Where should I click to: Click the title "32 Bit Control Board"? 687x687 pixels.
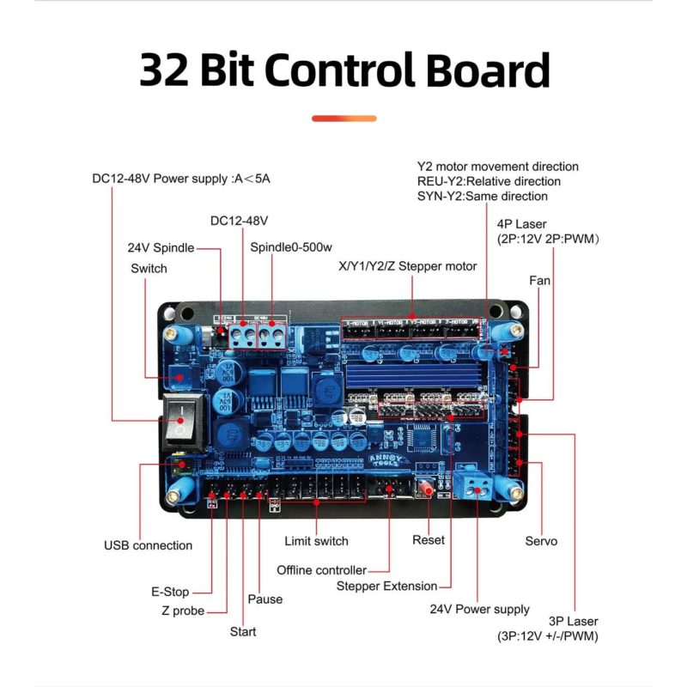tap(343, 70)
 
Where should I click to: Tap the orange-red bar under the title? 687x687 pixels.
tap(343, 118)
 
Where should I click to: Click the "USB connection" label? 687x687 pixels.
tap(149, 545)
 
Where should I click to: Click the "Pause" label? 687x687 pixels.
tap(264, 599)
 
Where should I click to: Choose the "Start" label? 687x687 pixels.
tap(243, 632)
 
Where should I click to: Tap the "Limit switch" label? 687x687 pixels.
tap(316, 541)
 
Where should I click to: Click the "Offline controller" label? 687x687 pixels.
tap(321, 570)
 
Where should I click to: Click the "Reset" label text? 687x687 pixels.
tap(429, 540)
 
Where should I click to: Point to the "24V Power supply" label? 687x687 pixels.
tap(480, 610)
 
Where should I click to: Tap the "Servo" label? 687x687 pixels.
tap(541, 541)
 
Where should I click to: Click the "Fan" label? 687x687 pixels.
tap(540, 281)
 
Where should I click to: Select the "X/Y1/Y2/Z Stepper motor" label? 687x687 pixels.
tap(408, 266)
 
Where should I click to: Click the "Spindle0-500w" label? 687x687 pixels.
tap(291, 247)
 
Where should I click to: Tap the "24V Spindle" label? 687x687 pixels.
tap(161, 248)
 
